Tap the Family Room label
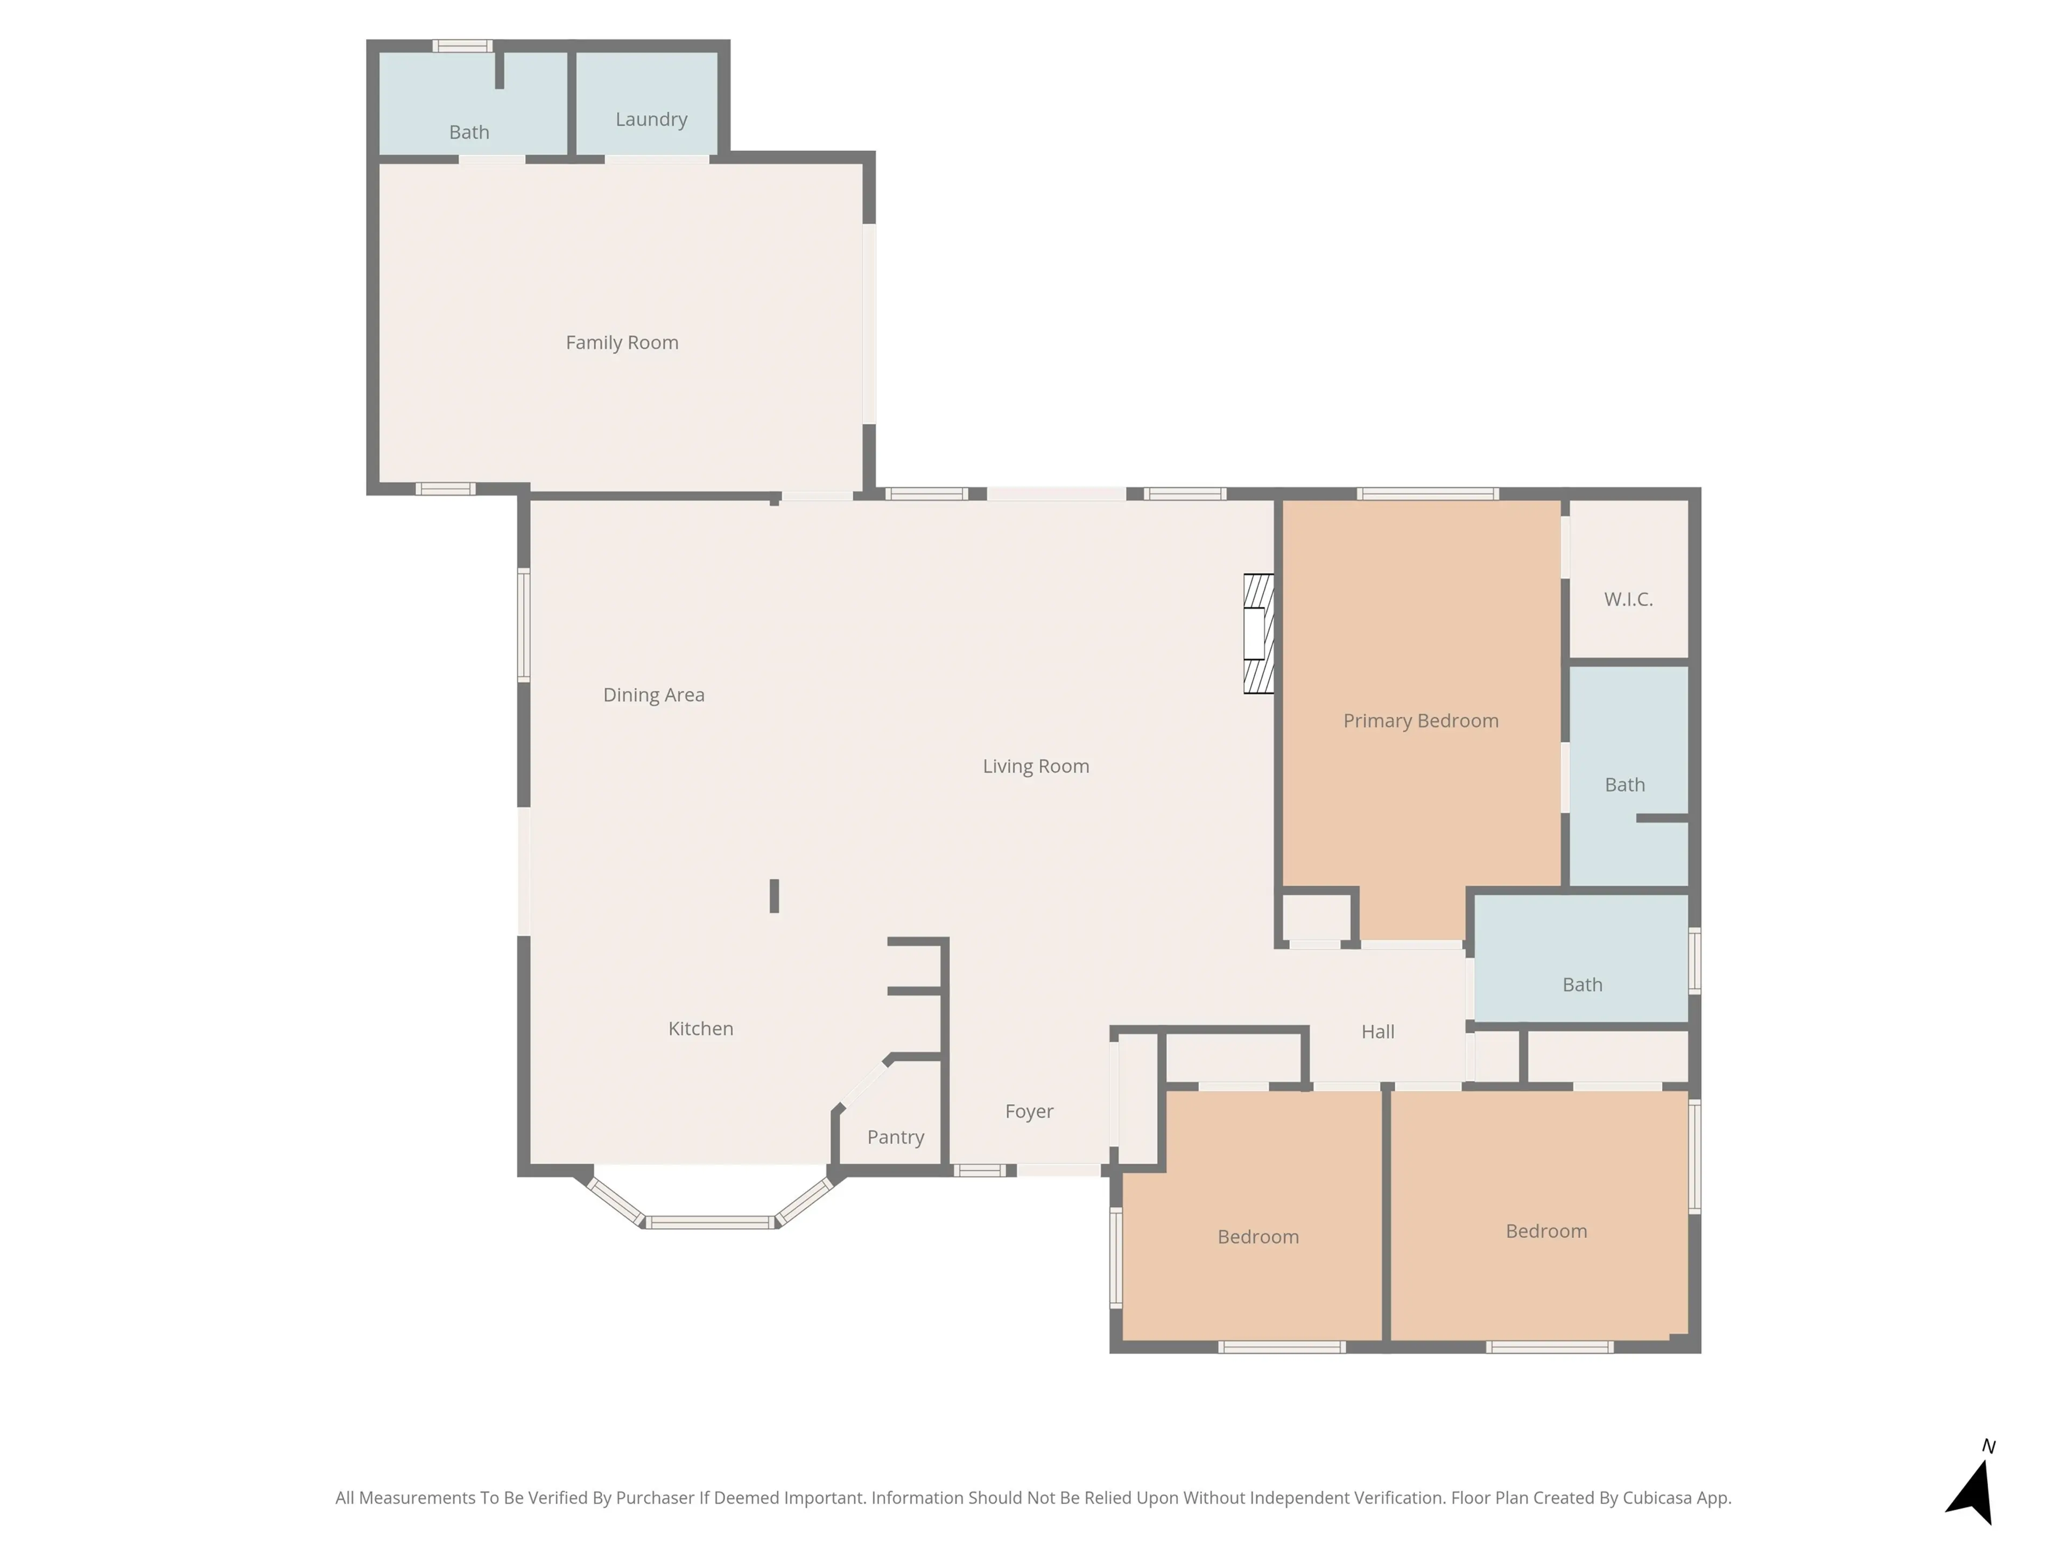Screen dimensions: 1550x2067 tap(621, 343)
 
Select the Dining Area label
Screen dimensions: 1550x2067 tap(653, 695)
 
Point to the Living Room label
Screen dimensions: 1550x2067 tap(1035, 766)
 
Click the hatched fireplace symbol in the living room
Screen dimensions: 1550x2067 tap(1258, 633)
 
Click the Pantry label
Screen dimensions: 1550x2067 tap(895, 1137)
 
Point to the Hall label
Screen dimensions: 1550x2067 tap(1377, 1032)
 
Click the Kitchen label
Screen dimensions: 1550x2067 tap(700, 1028)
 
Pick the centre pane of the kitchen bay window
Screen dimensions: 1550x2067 tap(710, 1222)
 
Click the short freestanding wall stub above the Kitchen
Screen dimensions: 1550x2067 tap(774, 895)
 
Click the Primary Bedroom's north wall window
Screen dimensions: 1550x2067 tap(1427, 494)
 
